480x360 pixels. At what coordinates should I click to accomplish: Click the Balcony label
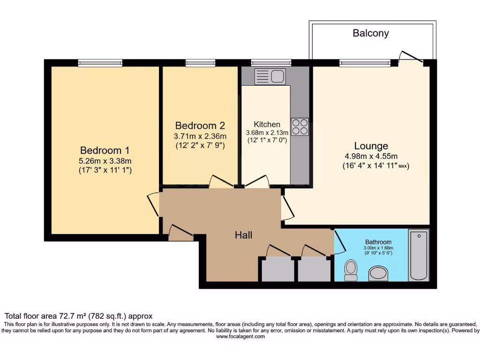[x=370, y=33]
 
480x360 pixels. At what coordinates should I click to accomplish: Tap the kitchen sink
[x=270, y=76]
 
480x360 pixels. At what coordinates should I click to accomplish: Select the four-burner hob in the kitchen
[x=300, y=127]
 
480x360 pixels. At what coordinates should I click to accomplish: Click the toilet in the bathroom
[x=350, y=270]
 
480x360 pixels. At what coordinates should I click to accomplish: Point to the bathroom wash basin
[x=378, y=273]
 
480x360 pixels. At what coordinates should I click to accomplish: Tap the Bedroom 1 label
[x=105, y=150]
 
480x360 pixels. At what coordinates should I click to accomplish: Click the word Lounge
[x=371, y=146]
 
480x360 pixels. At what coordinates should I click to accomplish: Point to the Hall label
[x=243, y=235]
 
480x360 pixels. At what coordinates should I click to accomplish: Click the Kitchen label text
[x=267, y=124]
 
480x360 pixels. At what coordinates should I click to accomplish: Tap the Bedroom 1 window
[x=100, y=63]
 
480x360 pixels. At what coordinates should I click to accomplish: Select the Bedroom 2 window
[x=200, y=63]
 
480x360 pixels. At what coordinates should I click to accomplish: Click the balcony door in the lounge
[x=411, y=56]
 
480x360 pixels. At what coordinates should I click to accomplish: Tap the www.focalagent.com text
[x=240, y=336]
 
